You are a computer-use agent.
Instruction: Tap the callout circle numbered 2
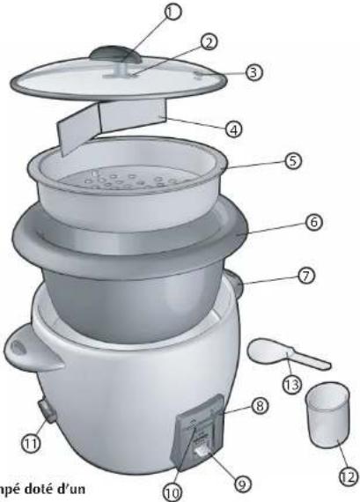(209, 41)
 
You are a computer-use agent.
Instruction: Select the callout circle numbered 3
(253, 72)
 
